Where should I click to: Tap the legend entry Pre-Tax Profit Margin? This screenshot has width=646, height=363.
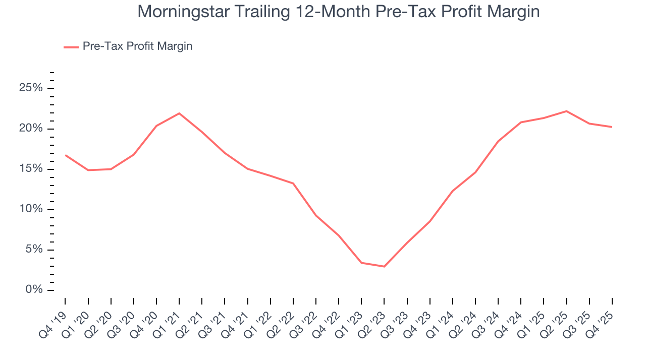click(x=137, y=46)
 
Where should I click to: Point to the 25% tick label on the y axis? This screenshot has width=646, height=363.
click(x=30, y=89)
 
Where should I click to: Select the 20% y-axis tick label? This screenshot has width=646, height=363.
click(x=30, y=129)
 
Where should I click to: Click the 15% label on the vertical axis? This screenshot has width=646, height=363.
click(x=30, y=169)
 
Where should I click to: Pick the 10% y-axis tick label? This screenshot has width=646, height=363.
click(x=30, y=210)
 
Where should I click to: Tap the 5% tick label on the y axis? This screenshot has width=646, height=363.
click(x=33, y=250)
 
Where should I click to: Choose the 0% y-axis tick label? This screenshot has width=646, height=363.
click(x=33, y=290)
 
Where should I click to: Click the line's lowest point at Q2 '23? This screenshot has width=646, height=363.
click(x=384, y=266)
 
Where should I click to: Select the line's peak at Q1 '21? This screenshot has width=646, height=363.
click(x=179, y=113)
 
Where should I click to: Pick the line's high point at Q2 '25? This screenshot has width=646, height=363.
click(x=566, y=111)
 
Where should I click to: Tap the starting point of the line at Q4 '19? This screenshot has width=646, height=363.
click(x=66, y=155)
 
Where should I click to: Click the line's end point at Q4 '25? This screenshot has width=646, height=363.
click(x=612, y=127)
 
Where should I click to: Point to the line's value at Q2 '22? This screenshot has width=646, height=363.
click(x=293, y=183)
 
